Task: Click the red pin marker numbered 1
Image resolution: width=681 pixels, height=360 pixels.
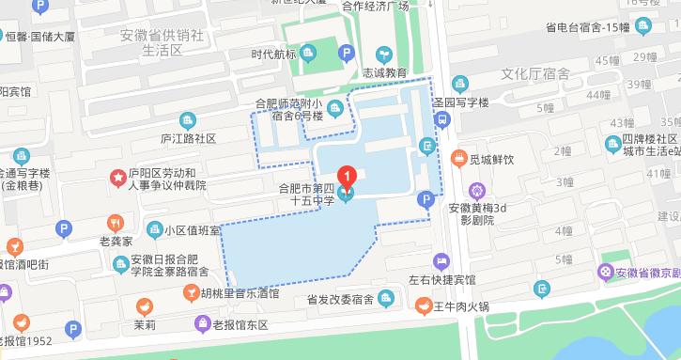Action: click(x=348, y=175)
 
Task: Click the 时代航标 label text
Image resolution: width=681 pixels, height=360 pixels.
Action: click(x=274, y=54)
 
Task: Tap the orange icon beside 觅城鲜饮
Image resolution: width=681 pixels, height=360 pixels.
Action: click(x=459, y=158)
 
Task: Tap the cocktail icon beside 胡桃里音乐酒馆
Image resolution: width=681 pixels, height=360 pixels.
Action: click(x=193, y=293)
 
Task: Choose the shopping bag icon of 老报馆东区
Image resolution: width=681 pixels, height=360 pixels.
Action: click(x=201, y=324)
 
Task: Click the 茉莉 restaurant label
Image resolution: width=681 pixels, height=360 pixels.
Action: click(x=144, y=325)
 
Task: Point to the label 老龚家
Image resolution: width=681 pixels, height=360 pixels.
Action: click(x=117, y=242)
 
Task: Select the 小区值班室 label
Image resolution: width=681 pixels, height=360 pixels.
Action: click(x=192, y=229)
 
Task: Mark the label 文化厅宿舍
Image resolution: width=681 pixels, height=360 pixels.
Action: click(x=534, y=73)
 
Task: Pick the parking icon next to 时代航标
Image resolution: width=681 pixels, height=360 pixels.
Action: click(x=347, y=55)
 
